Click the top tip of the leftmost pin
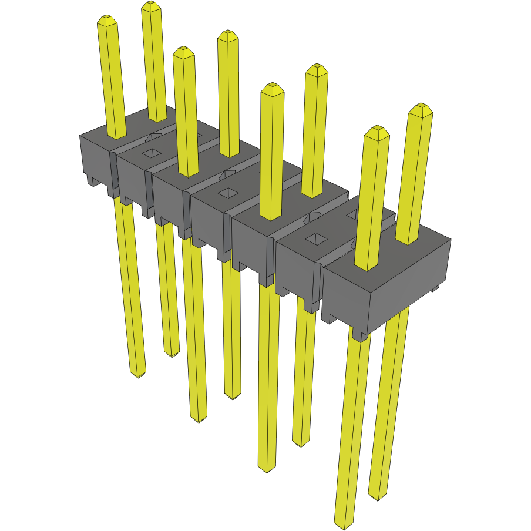click(106, 17)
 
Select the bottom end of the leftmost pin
click(137, 375)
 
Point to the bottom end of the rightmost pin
click(379, 498)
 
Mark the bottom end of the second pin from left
click(172, 355)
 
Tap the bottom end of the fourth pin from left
click(233, 398)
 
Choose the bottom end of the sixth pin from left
click(301, 445)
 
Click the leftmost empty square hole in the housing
click(152, 153)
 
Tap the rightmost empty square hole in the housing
click(315, 238)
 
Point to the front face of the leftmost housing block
click(95, 159)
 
